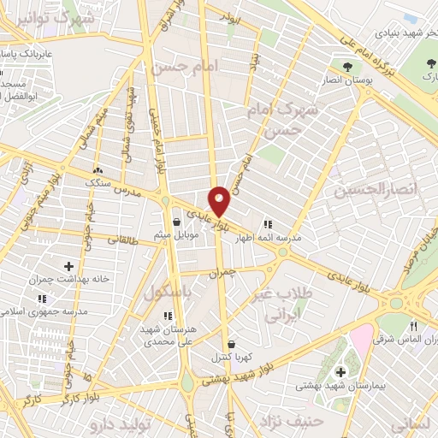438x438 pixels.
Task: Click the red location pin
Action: (220, 200)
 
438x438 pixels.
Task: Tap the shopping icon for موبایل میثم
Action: (176, 222)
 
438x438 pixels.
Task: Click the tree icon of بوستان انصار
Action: (346, 66)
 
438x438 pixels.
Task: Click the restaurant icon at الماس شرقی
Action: (414, 325)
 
